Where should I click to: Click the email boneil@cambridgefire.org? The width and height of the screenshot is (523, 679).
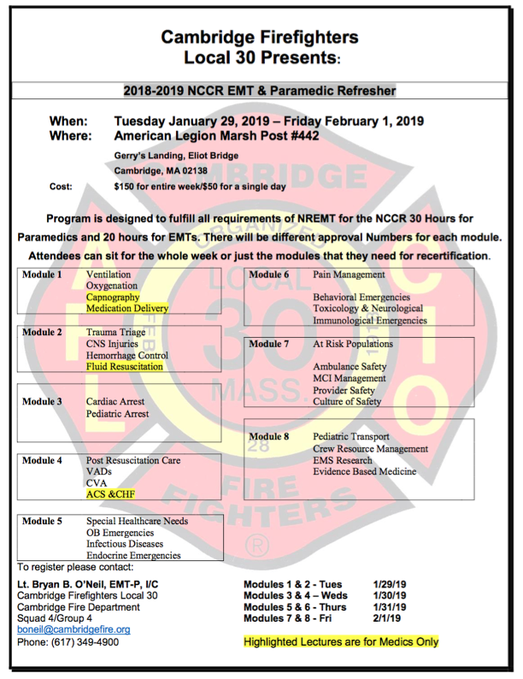click(73, 629)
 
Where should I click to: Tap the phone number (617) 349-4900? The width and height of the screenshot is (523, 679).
click(88, 641)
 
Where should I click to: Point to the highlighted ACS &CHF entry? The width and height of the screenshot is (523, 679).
click(110, 494)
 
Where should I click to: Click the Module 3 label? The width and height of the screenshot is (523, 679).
click(42, 401)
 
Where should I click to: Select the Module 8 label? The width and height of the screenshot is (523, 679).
click(269, 436)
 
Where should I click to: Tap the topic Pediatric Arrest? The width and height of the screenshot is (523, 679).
click(117, 414)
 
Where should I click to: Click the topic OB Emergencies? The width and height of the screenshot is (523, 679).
click(120, 533)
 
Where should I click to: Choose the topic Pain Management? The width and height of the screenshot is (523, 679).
click(350, 275)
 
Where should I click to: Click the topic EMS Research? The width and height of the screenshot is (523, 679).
click(342, 460)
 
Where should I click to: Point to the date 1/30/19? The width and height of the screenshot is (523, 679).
click(389, 595)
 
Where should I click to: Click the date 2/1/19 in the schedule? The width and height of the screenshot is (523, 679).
click(385, 618)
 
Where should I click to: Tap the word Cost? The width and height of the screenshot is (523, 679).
click(61, 186)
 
